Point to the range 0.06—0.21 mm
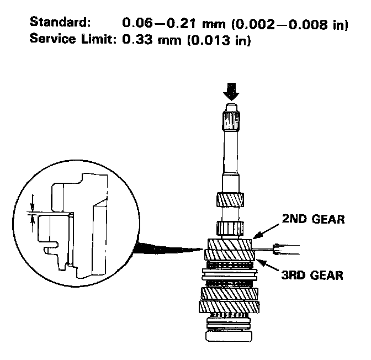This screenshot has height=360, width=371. tap(166, 24)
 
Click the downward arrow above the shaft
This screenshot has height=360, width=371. tap(230, 90)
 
